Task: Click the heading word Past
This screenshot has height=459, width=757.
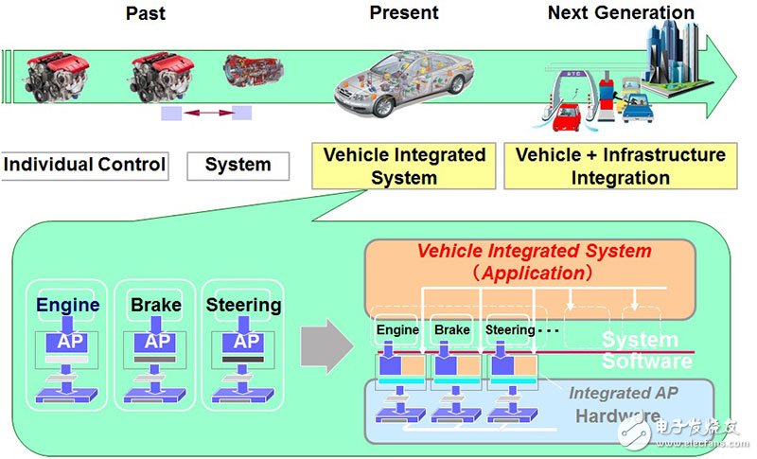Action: (x=145, y=13)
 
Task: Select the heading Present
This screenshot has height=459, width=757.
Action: (x=404, y=13)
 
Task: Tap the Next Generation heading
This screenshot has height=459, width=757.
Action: (x=621, y=13)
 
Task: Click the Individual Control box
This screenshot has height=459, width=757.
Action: (x=85, y=165)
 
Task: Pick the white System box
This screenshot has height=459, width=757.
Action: (x=238, y=166)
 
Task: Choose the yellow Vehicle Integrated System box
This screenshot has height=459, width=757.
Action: (x=404, y=166)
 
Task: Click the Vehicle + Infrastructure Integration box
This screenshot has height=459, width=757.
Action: (x=621, y=166)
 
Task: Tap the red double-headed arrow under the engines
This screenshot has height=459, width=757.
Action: (x=206, y=114)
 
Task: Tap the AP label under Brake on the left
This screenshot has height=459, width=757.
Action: (x=157, y=341)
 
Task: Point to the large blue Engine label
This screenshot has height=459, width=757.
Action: (x=67, y=305)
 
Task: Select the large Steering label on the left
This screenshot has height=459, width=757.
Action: (x=243, y=305)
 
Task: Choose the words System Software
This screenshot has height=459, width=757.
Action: (x=646, y=349)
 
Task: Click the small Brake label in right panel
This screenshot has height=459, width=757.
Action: (x=451, y=330)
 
